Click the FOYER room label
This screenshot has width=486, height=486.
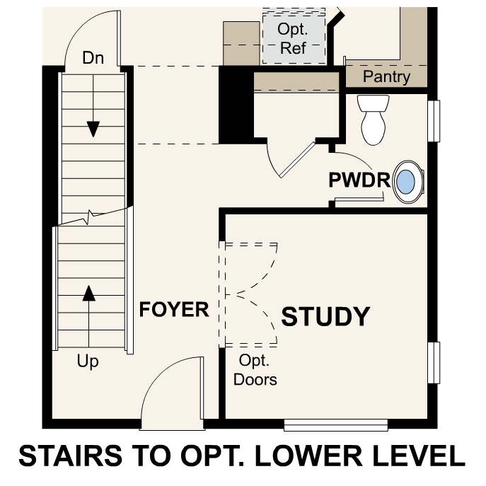pyautogui.click(x=174, y=310)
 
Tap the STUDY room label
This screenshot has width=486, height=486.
pyautogui.click(x=325, y=317)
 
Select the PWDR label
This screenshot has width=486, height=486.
pyautogui.click(x=359, y=180)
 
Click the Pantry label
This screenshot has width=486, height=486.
pyautogui.click(x=386, y=76)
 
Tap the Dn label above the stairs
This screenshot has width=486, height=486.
pyautogui.click(x=93, y=58)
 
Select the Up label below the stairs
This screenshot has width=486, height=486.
pyautogui.click(x=88, y=362)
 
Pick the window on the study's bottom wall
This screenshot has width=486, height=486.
pyautogui.click(x=336, y=424)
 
